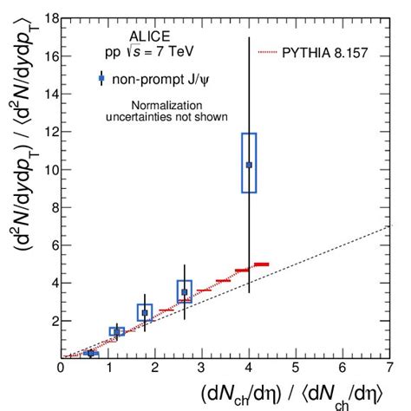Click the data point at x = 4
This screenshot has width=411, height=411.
tap(249, 164)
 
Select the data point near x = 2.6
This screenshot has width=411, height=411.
tap(184, 291)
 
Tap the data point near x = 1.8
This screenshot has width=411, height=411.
tap(145, 312)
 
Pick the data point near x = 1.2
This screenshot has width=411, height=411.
tap(117, 332)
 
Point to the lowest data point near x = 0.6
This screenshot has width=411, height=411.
tap(89, 353)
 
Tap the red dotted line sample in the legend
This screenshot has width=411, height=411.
tap(273, 53)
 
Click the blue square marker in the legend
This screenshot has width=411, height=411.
tap(101, 79)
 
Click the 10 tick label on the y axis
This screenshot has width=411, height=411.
tap(49, 169)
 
